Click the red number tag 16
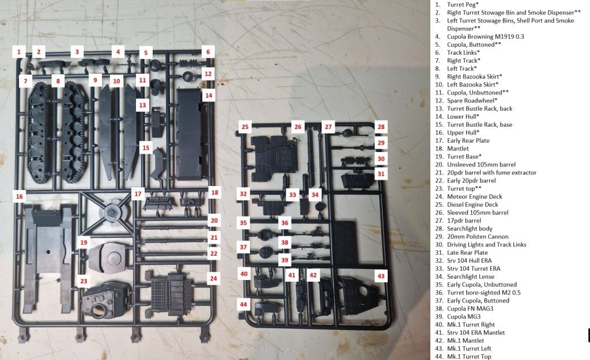(x=20, y=196)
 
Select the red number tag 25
(x=245, y=127)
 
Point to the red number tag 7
(x=25, y=81)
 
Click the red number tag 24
(x=214, y=279)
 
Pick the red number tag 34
(x=315, y=195)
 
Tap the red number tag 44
(x=244, y=304)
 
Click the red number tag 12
(x=208, y=74)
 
